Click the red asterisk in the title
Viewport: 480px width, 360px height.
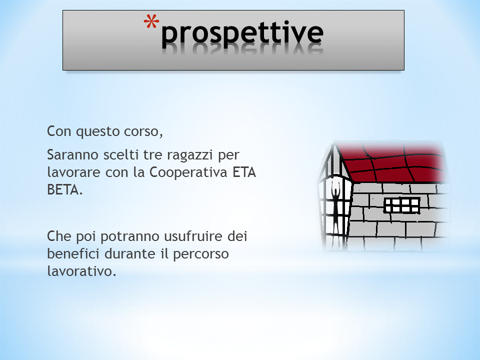[x=151, y=21]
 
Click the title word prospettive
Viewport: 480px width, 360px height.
[x=242, y=33]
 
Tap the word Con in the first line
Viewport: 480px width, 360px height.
[x=59, y=131]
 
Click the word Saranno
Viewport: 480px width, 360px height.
[x=73, y=155]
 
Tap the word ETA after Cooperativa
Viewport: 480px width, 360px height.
[x=244, y=172]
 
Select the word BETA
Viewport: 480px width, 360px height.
[x=65, y=190]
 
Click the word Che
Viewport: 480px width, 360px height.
[x=59, y=236]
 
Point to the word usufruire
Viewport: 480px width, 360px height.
[x=193, y=236]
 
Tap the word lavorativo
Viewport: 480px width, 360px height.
[x=81, y=271]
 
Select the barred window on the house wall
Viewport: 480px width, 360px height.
[x=402, y=205]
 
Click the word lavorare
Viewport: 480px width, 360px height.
[x=74, y=172]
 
